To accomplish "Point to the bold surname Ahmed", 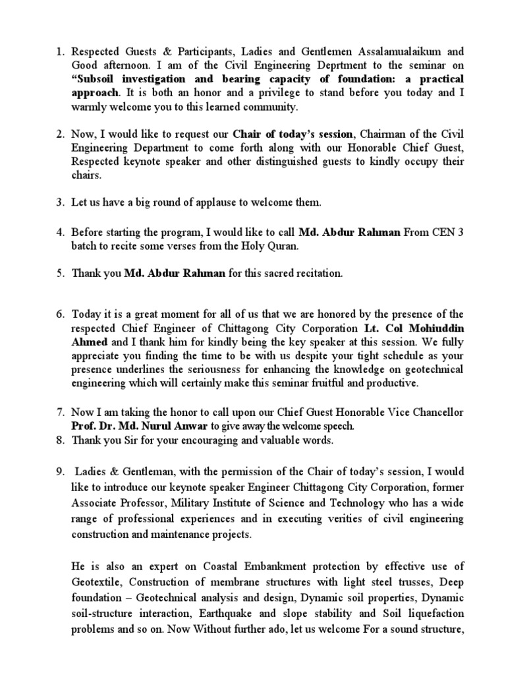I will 88,342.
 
